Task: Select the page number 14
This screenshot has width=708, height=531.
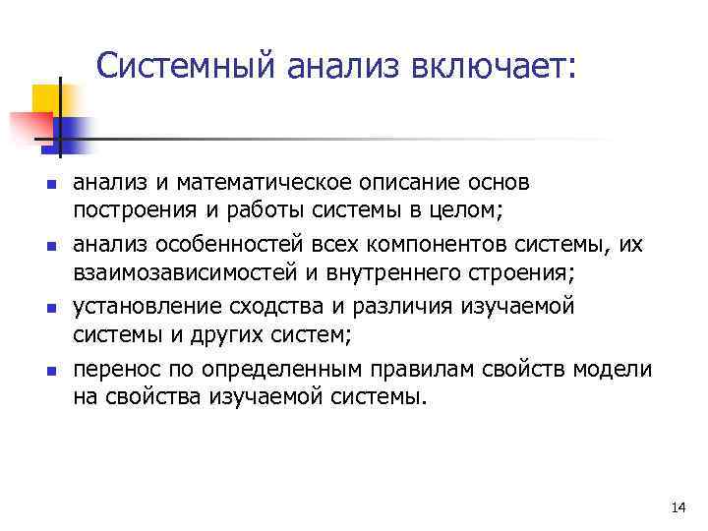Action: (x=677, y=507)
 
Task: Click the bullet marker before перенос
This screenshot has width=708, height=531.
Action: (x=49, y=370)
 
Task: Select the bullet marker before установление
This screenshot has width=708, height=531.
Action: (x=49, y=306)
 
